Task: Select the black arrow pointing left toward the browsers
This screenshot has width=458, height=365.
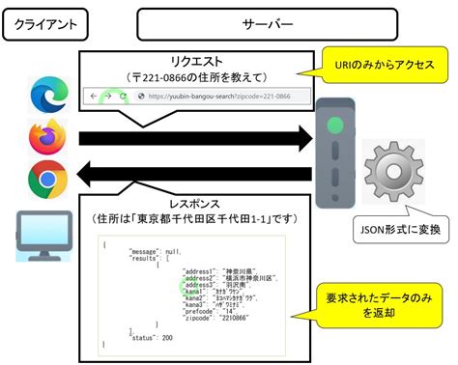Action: (x=193, y=178)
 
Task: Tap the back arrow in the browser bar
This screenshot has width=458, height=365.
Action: (x=95, y=97)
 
